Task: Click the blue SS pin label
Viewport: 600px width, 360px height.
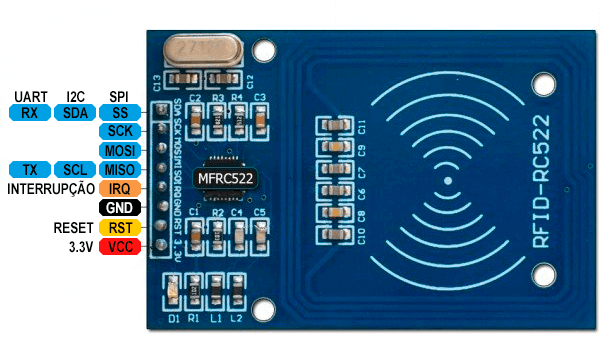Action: [121, 112]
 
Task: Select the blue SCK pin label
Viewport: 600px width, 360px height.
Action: [121, 131]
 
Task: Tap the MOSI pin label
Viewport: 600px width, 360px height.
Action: [121, 150]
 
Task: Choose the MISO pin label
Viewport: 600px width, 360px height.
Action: [121, 169]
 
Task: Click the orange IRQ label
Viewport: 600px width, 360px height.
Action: [121, 188]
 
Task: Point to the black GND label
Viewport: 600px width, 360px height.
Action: [121, 207]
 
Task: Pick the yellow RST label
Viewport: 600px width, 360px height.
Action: [121, 227]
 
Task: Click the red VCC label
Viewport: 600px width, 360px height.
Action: [121, 246]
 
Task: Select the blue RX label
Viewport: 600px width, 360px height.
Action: [29, 112]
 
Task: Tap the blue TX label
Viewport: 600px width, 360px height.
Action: [29, 169]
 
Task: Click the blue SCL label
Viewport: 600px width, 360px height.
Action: [75, 169]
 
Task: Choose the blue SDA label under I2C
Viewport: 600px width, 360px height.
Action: [75, 112]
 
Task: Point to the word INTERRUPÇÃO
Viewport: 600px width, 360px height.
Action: [51, 188]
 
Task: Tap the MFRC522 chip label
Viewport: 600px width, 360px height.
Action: [225, 178]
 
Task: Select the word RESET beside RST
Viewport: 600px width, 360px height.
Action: [74, 227]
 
